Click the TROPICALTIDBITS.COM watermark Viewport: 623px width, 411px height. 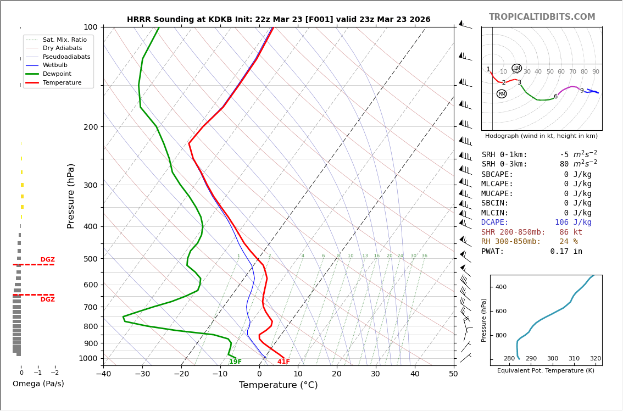click(x=542, y=17)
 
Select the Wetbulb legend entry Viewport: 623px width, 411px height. click(x=59, y=65)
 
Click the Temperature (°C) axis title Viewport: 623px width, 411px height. click(x=278, y=385)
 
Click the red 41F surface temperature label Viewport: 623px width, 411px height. click(x=283, y=362)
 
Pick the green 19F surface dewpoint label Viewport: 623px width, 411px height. click(x=235, y=362)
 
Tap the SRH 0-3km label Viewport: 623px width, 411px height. click(x=504, y=164)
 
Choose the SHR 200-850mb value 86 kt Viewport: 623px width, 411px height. click(x=571, y=232)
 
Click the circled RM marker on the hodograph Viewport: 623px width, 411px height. click(x=502, y=94)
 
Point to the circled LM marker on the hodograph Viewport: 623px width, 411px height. click(x=516, y=68)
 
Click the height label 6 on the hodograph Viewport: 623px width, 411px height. click(x=555, y=97)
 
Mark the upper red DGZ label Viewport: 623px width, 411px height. click(x=47, y=260)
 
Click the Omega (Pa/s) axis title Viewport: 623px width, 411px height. click(x=38, y=384)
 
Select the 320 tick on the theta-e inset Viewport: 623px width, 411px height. click(x=596, y=359)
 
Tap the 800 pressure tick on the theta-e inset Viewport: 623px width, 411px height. click(x=500, y=335)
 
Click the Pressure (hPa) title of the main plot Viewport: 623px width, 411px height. click(x=71, y=196)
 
